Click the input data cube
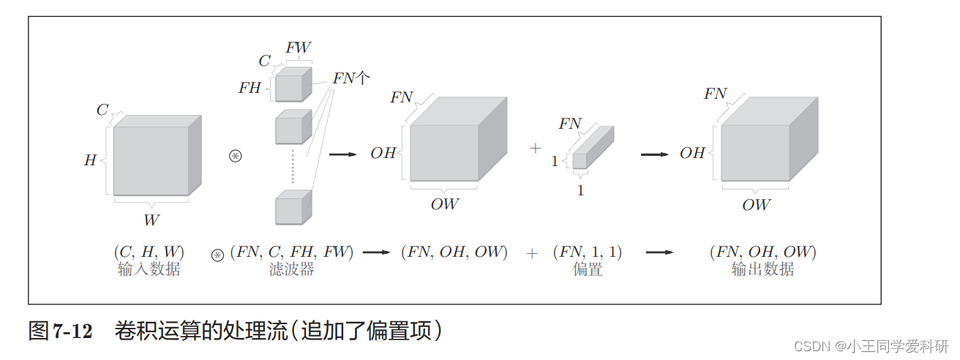point(152,160)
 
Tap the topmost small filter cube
point(291,86)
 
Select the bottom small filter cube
point(291,209)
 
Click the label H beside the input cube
point(90,160)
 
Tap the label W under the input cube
point(151,220)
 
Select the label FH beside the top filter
point(250,88)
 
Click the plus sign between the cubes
point(535,149)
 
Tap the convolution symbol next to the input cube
point(235,156)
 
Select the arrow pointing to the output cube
point(654,154)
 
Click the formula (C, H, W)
point(149,252)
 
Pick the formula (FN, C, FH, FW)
point(292,252)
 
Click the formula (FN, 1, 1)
point(587,252)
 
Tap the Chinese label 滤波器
point(291,269)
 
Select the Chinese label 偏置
point(587,269)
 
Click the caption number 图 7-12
point(61,331)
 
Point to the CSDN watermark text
point(871,345)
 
